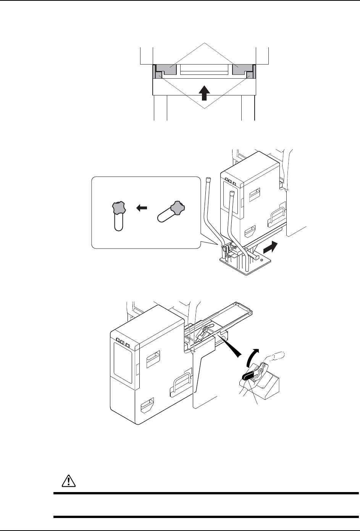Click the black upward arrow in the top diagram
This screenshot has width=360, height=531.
pyautogui.click(x=205, y=92)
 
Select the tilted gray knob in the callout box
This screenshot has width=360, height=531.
pyautogui.click(x=178, y=208)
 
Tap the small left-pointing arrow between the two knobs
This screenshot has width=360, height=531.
pyautogui.click(x=142, y=208)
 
